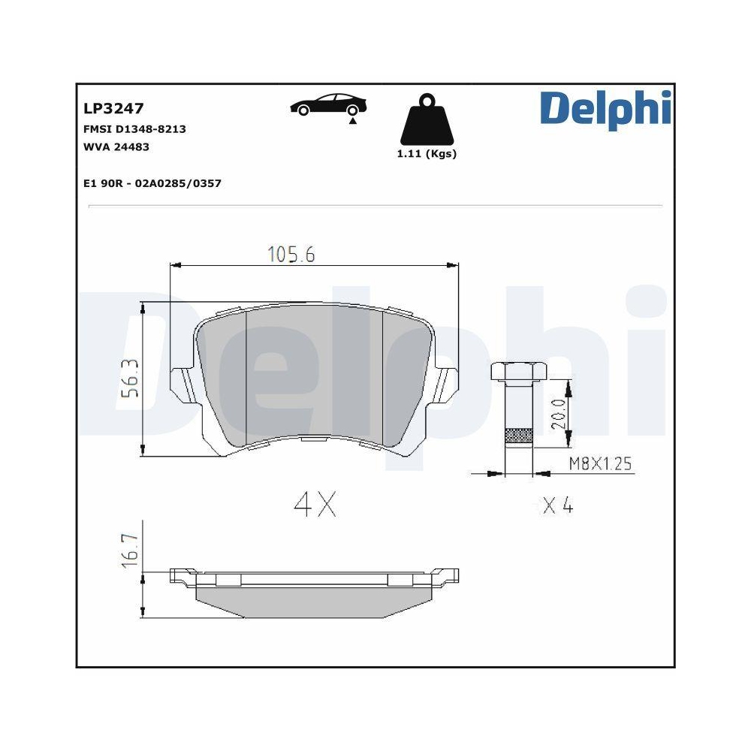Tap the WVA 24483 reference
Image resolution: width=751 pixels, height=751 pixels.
coord(116,146)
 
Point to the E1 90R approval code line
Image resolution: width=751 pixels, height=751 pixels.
coord(153,183)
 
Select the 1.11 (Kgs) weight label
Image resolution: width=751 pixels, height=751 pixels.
coord(426,154)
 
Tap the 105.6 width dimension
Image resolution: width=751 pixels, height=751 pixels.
coord(291,255)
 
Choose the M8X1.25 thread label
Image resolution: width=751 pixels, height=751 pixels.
coord(599,464)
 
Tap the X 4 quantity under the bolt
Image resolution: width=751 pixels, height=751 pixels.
coord(558,506)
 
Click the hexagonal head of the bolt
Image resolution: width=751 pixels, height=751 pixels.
coord(518,371)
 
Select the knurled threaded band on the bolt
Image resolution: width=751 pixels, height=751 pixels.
coord(518,436)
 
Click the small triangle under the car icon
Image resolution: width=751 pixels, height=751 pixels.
coord(352,120)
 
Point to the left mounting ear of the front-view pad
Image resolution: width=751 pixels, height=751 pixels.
coord(180,383)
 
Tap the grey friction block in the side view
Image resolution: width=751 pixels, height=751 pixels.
coord(315,600)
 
